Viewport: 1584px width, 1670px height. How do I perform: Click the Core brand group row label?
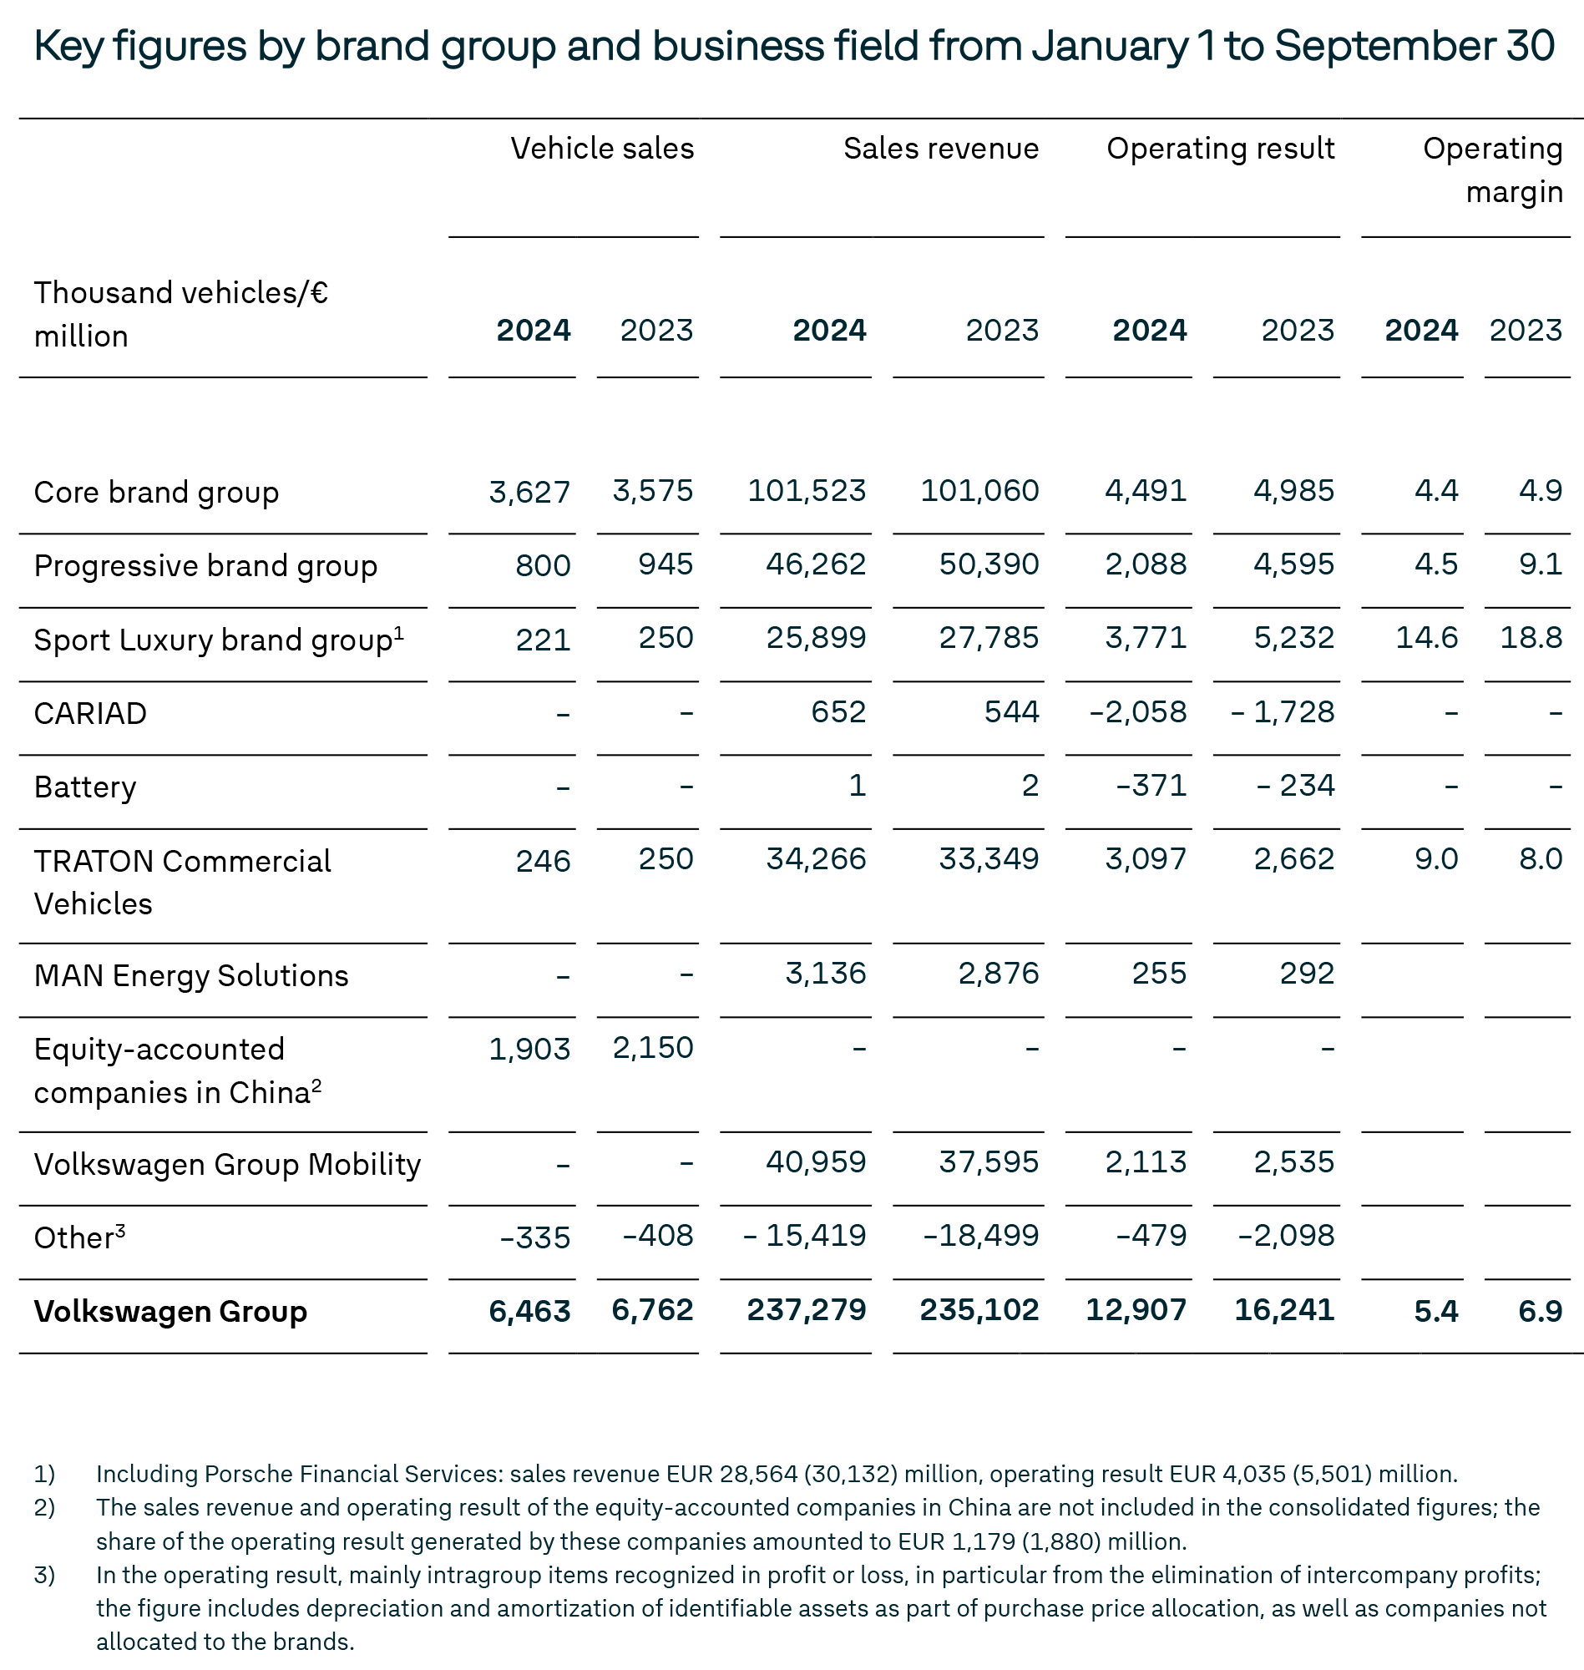(x=156, y=492)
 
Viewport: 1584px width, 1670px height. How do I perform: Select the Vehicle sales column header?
(x=602, y=149)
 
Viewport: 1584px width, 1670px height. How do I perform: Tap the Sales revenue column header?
(x=940, y=149)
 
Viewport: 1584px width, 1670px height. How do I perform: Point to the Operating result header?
(x=1220, y=149)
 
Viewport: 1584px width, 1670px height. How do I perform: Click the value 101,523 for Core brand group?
(x=807, y=490)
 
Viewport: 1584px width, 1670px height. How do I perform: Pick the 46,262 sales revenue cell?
(x=816, y=564)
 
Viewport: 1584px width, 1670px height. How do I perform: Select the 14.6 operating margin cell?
(x=1426, y=637)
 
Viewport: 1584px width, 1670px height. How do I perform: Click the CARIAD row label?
(x=90, y=713)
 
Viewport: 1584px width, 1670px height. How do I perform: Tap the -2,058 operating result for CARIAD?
(x=1137, y=711)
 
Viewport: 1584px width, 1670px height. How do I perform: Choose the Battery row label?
(x=84, y=787)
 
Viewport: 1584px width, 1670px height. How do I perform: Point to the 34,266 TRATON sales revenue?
(x=816, y=858)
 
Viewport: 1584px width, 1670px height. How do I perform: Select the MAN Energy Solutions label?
(x=191, y=975)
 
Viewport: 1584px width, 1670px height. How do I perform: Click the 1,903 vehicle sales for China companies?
(x=529, y=1049)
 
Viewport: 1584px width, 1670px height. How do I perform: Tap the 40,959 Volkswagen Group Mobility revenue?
(x=816, y=1161)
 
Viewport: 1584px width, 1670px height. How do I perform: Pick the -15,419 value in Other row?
(x=804, y=1235)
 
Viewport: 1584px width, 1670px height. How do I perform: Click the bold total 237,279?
(x=807, y=1309)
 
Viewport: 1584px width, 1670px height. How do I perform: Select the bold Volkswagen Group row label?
(x=170, y=1311)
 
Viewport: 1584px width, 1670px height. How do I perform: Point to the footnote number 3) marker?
(x=45, y=1575)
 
